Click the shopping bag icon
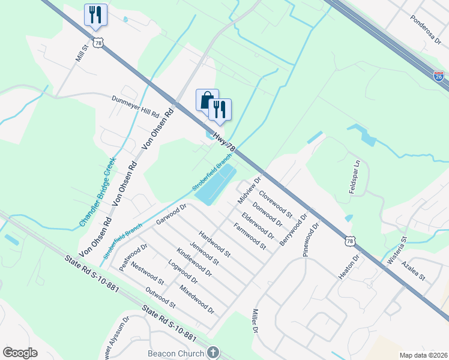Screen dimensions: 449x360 [x=207, y=100]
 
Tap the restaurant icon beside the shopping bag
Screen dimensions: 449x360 [x=220, y=109]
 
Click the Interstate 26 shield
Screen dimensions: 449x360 [x=439, y=76]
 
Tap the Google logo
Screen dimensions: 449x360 [x=20, y=353]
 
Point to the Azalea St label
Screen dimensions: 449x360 [x=414, y=271]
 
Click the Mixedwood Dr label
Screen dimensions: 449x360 [x=197, y=299]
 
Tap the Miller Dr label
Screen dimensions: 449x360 [x=255, y=322]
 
